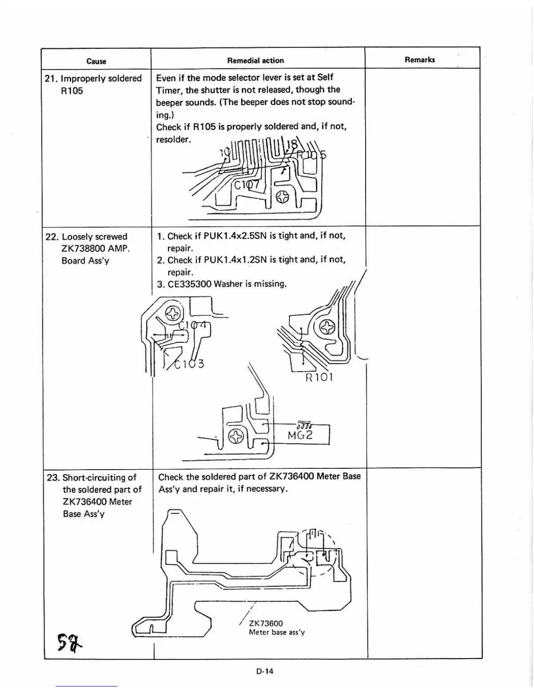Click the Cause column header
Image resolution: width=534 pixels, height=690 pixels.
point(96,61)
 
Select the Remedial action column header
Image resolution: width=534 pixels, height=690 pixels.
point(255,61)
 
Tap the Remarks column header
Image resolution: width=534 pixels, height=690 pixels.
point(419,60)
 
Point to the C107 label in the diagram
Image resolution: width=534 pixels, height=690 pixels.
point(247,185)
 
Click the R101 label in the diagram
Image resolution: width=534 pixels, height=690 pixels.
point(319,377)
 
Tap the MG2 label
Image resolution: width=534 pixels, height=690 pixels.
point(300,435)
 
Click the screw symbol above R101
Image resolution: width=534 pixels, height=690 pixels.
point(328,327)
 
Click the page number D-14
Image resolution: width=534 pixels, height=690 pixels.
point(265,671)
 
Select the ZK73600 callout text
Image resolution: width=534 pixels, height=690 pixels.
point(266,623)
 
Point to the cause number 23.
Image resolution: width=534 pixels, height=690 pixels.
point(53,477)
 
